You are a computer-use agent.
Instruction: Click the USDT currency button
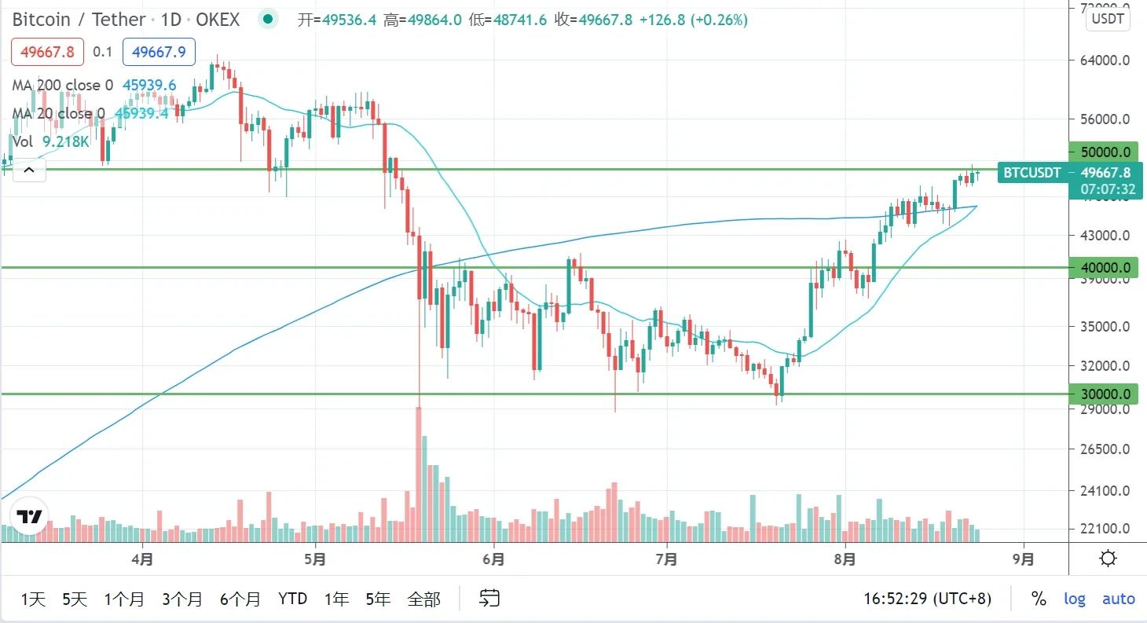tap(1108, 20)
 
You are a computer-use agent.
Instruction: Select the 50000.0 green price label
tap(1104, 152)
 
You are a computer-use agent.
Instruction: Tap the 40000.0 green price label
tap(1104, 268)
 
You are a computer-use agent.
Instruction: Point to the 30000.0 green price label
tap(1104, 394)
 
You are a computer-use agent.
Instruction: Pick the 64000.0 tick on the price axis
tap(1104, 60)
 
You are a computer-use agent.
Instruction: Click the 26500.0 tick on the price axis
tap(1104, 449)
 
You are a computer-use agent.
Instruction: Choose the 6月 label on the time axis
tap(494, 560)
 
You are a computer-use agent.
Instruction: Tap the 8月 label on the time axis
tap(846, 560)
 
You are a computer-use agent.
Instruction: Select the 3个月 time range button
tap(182, 599)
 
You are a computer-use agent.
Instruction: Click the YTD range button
tap(292, 599)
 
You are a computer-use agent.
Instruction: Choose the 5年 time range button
tap(378, 599)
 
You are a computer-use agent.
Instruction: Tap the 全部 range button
tap(423, 599)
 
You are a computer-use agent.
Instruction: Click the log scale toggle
tap(1074, 599)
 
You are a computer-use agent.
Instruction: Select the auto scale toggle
tap(1118, 599)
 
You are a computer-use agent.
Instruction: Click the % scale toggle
tap(1039, 599)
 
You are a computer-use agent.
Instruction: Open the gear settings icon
tap(1108, 559)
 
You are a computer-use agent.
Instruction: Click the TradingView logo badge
tap(29, 516)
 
